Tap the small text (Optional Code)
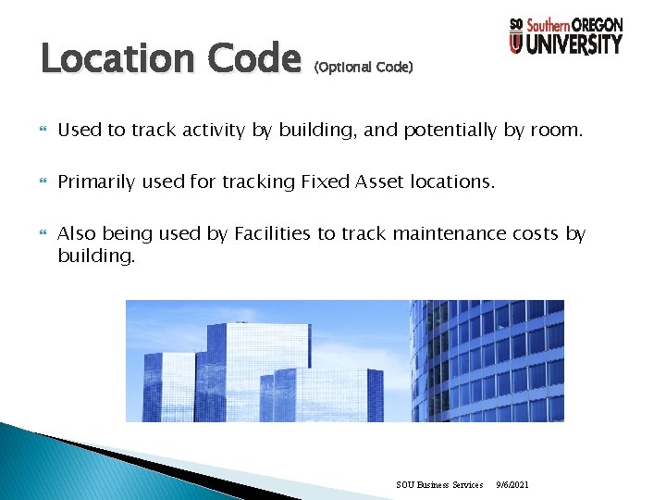(x=364, y=68)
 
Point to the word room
(x=556, y=131)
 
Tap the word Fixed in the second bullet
(x=324, y=182)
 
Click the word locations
(x=452, y=182)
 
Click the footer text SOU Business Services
(x=439, y=484)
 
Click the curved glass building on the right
(x=490, y=361)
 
